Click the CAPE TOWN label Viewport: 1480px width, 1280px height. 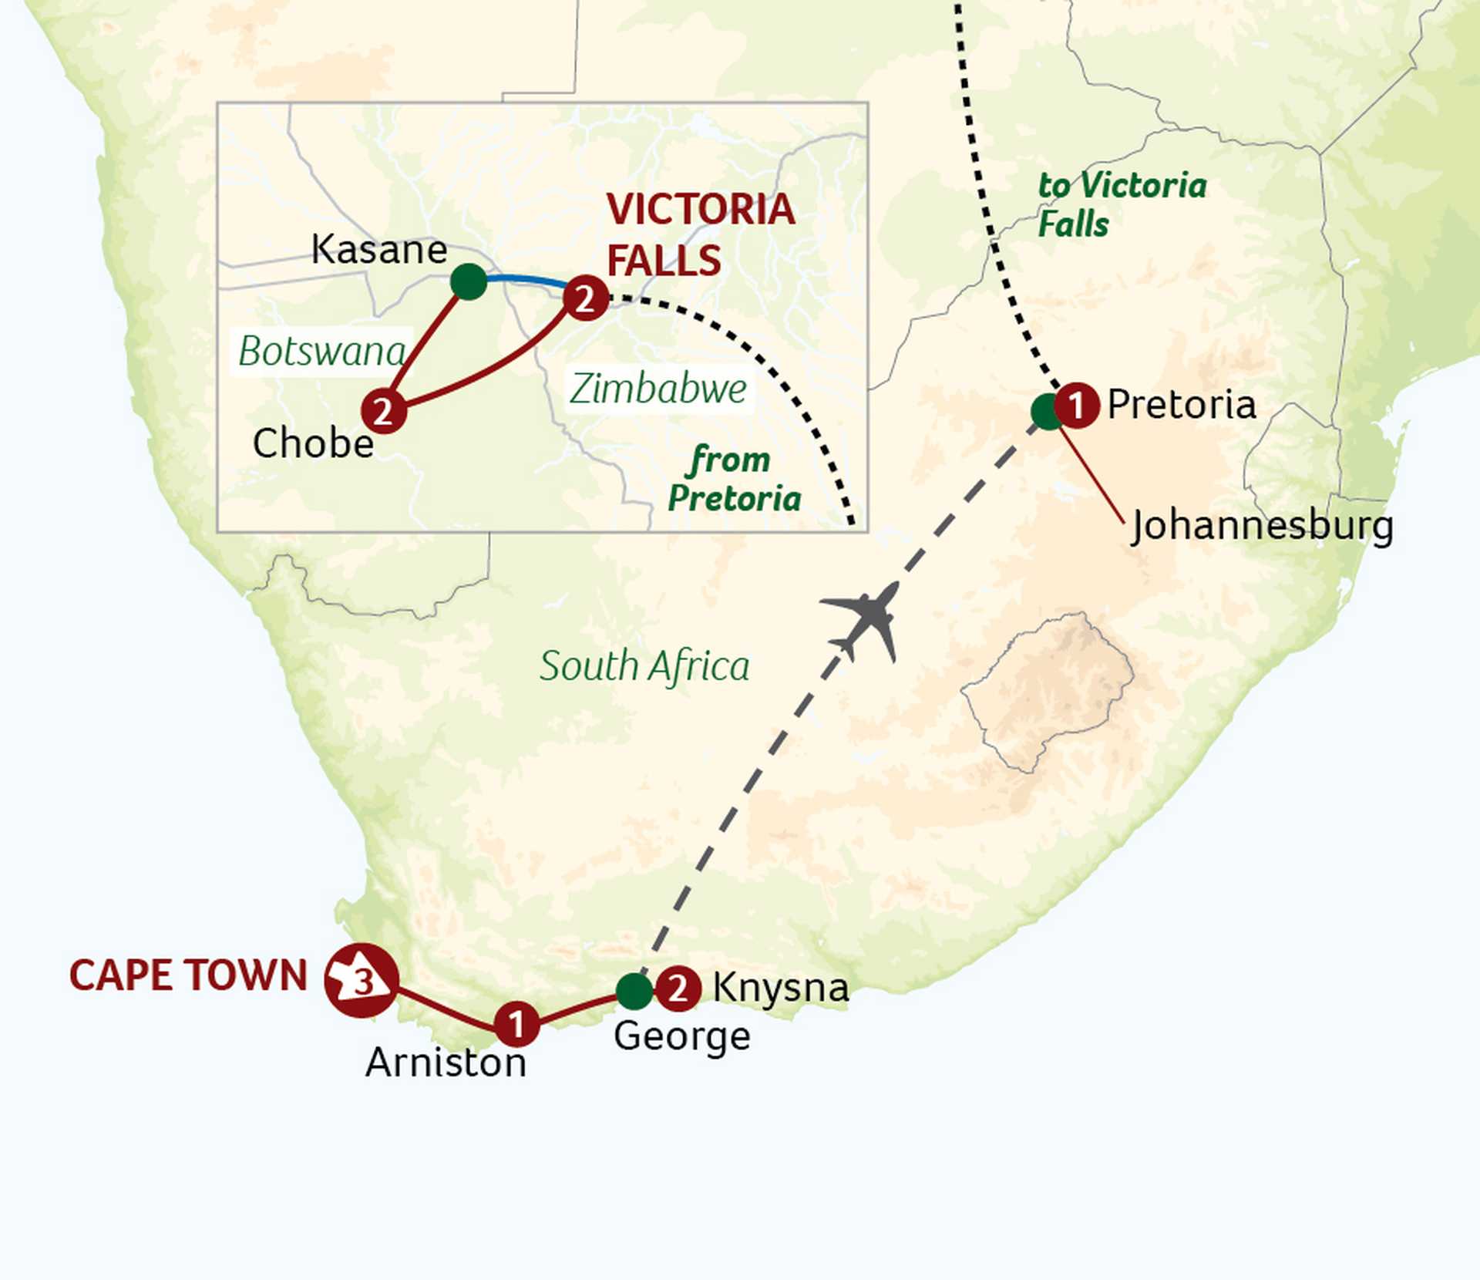pos(189,975)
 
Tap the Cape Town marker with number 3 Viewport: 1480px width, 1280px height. pos(361,980)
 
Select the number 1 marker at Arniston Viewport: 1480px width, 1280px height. pos(516,1024)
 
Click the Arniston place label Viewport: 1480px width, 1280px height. pos(446,1063)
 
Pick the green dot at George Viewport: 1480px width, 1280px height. pos(634,991)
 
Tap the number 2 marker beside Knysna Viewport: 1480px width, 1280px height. pos(678,988)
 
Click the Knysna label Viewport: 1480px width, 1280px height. pos(780,987)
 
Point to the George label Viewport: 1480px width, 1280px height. pos(681,1036)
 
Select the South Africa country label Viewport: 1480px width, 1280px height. pos(644,666)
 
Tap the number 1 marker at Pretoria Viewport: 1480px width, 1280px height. pos(1076,405)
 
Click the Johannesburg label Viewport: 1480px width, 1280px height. pos(1262,527)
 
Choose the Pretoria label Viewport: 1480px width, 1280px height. pos(1181,405)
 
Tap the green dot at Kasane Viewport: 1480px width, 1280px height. pos(469,281)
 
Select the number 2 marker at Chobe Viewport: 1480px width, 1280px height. pos(383,411)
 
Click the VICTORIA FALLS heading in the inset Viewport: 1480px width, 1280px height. pos(699,234)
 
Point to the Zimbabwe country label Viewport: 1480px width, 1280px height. pos(658,389)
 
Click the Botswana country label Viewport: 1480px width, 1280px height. pos(322,352)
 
